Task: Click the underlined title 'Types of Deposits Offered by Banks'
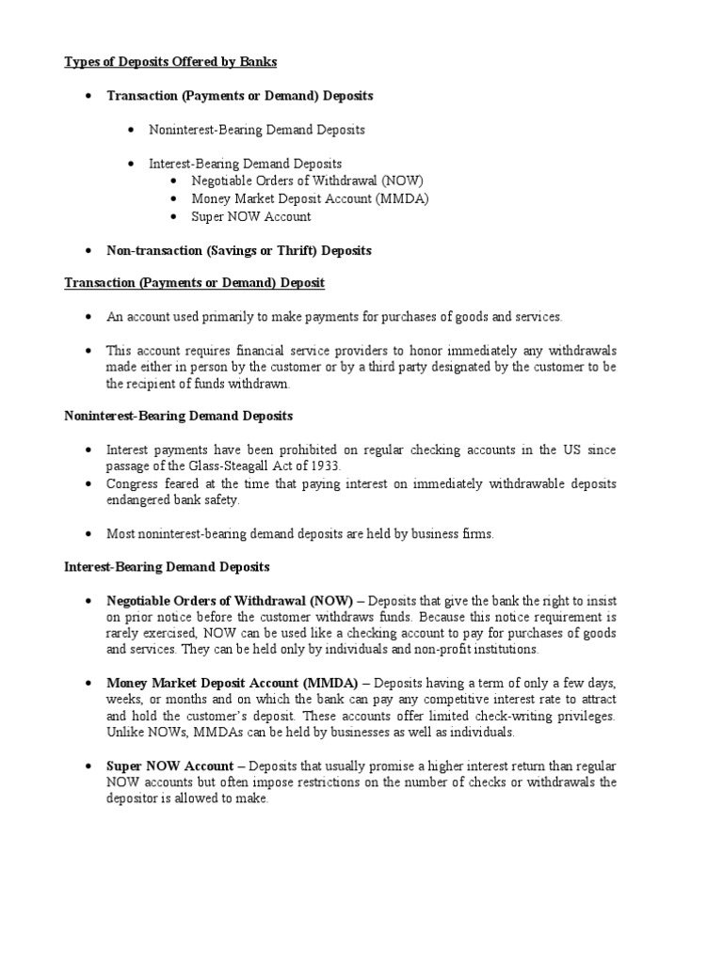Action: (x=170, y=62)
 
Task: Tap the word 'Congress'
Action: (x=134, y=483)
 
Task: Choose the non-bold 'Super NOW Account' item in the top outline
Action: (x=250, y=216)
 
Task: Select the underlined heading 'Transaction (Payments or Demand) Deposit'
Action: (x=195, y=283)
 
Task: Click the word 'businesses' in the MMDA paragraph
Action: (x=356, y=733)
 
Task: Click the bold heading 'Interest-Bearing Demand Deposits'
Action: (x=167, y=567)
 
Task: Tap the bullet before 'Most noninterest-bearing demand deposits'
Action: (x=88, y=534)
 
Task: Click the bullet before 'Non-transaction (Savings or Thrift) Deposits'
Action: (x=88, y=250)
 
